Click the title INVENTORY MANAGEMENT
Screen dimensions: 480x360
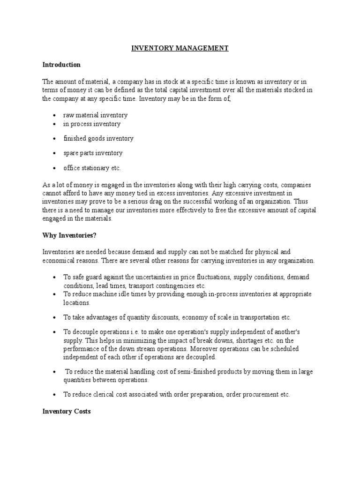(x=180, y=48)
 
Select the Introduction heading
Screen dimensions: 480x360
(x=61, y=65)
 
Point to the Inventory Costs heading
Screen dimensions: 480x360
(x=67, y=411)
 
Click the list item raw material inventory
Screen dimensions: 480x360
(x=96, y=115)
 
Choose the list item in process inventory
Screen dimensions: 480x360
(x=92, y=124)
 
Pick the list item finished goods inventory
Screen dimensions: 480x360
(x=98, y=138)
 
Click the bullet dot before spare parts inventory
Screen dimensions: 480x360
(x=55, y=153)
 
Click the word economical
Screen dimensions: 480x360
(x=60, y=261)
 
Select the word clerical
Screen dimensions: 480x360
(x=105, y=395)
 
